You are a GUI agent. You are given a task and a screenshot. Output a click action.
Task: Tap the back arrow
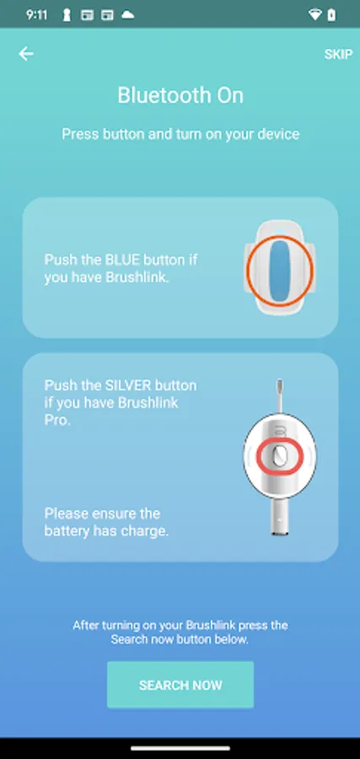26,54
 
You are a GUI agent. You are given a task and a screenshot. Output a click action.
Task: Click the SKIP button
338,54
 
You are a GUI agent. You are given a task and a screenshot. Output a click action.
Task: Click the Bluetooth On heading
180,95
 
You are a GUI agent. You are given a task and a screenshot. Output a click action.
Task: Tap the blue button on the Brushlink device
280,270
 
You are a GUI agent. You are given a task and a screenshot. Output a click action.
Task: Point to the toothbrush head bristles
279,388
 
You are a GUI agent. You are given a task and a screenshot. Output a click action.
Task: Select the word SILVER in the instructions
127,385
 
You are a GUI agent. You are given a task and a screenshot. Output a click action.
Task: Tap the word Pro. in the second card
57,420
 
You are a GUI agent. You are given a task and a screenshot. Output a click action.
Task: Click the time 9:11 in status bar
37,15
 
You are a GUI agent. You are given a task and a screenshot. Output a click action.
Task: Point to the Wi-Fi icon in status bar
314,15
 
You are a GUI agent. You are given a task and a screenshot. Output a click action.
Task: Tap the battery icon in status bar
331,15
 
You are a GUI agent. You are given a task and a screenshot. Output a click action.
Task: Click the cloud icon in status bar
128,14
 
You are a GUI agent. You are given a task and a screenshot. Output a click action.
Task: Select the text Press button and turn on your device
180,134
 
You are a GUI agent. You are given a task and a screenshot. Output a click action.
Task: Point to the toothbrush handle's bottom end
280,533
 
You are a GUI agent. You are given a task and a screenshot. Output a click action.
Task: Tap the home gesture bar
180,748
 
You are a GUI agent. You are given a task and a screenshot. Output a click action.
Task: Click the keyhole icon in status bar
67,15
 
